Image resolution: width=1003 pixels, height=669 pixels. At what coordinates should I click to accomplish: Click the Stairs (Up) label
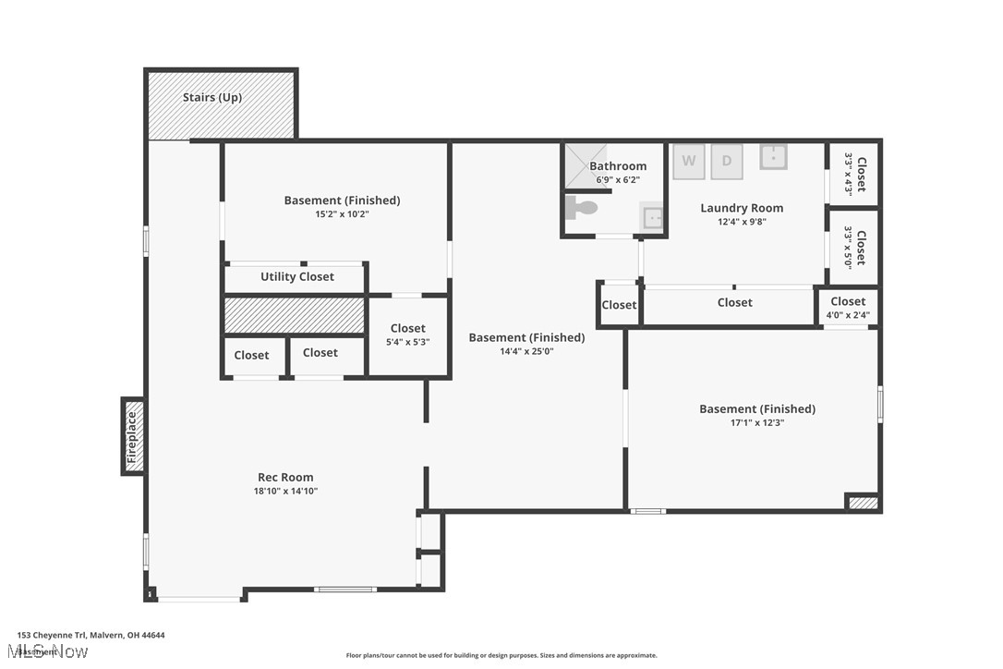click(x=212, y=97)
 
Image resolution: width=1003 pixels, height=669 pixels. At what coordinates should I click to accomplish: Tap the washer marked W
click(x=688, y=161)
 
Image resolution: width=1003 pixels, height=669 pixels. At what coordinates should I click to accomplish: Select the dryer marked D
click(x=727, y=161)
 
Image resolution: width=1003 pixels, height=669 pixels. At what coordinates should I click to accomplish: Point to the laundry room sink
click(x=773, y=156)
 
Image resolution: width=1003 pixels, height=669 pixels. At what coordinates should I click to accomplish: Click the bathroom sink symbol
click(x=652, y=218)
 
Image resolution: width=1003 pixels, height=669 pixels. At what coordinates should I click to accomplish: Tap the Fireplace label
click(x=132, y=437)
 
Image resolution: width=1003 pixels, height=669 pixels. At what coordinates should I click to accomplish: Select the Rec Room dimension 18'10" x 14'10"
click(x=286, y=492)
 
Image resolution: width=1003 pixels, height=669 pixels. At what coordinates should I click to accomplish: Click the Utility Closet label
click(x=296, y=276)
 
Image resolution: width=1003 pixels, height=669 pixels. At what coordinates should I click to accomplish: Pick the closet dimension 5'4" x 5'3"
click(x=407, y=342)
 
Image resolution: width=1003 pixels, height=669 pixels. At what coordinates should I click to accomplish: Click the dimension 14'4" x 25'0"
click(x=526, y=351)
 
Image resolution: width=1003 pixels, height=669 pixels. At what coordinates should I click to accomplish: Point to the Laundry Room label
click(x=741, y=208)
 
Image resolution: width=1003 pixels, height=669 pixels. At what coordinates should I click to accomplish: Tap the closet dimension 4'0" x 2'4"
click(x=848, y=315)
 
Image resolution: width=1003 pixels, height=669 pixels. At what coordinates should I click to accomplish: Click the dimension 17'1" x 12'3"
click(x=756, y=422)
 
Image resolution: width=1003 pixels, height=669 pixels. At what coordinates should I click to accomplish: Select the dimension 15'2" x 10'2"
click(x=342, y=213)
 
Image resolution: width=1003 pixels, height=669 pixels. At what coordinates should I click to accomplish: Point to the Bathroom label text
click(x=618, y=166)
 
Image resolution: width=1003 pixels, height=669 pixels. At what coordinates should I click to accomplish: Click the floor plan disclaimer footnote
click(x=501, y=655)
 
